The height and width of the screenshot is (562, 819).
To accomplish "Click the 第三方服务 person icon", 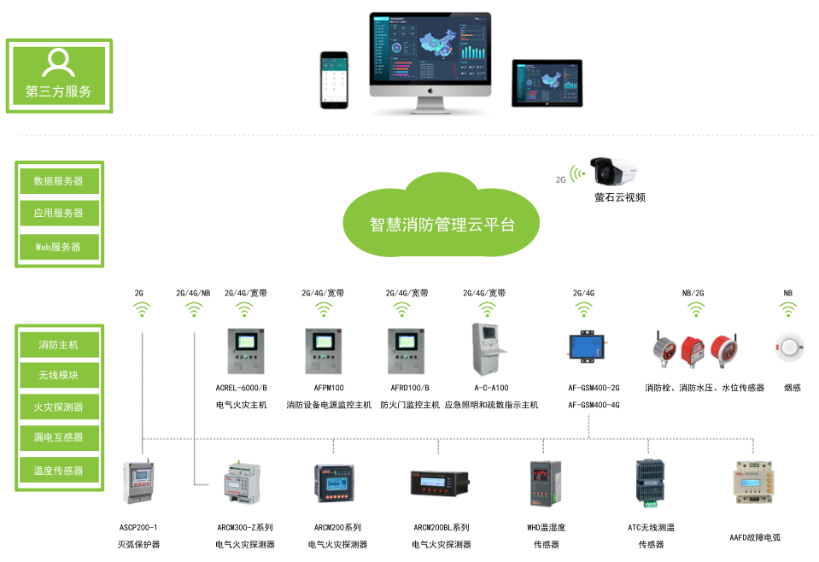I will click(x=58, y=62).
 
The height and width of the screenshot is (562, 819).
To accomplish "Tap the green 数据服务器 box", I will click(x=59, y=180).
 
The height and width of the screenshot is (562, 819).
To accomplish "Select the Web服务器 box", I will click(x=59, y=247).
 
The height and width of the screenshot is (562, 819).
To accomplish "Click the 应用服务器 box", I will click(x=59, y=214).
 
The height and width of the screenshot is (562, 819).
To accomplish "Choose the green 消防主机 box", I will click(x=59, y=345).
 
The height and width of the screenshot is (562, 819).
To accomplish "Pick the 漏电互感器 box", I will click(x=59, y=437).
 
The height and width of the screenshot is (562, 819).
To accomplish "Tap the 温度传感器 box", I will click(x=59, y=471).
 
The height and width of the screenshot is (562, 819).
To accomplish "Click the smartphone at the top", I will click(x=336, y=79).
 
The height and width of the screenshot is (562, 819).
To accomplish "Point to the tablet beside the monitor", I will click(x=547, y=83).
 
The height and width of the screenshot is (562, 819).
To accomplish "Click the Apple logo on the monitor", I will click(x=431, y=89).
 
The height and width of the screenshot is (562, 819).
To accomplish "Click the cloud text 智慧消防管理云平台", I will click(x=442, y=225).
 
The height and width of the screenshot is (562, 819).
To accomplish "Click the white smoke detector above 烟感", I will click(x=788, y=347).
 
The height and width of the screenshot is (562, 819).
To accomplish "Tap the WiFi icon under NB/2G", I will click(x=693, y=309).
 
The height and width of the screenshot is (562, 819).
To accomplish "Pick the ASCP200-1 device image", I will click(x=138, y=483).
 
